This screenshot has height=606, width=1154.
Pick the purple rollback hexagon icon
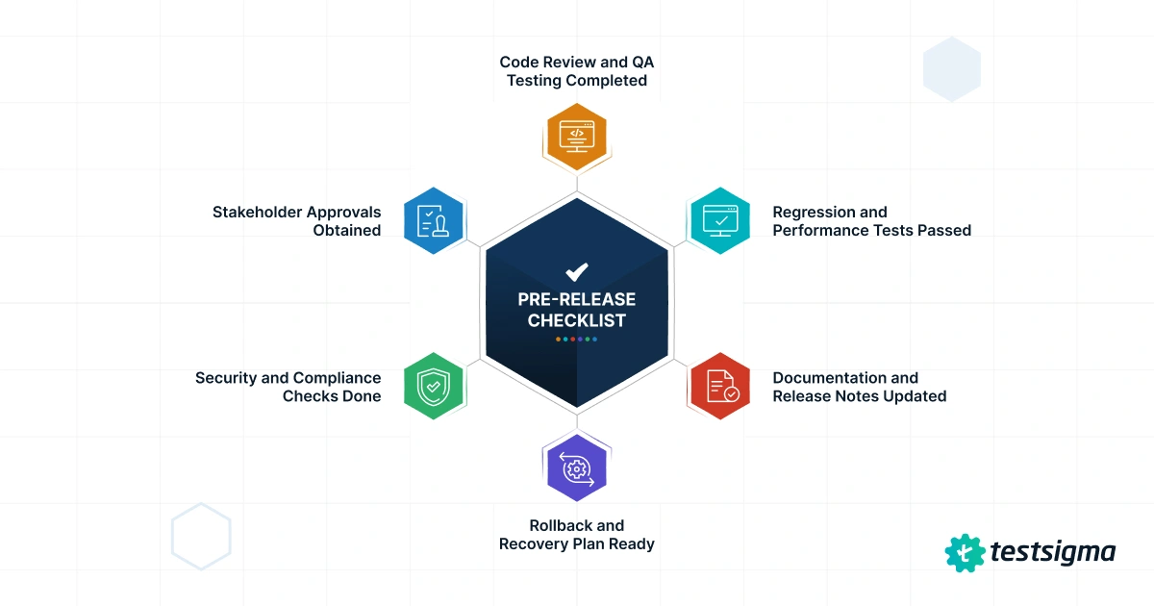click(x=577, y=468)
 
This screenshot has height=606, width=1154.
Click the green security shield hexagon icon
click(x=433, y=387)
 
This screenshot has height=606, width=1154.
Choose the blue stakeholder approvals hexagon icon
click(x=433, y=220)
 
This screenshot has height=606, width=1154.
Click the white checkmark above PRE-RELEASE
click(x=577, y=272)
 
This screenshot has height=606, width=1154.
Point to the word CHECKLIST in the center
click(x=577, y=320)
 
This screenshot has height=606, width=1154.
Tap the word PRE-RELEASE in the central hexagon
click(x=577, y=299)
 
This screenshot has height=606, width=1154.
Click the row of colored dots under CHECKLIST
click(x=577, y=339)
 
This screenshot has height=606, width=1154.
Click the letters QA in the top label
click(x=643, y=62)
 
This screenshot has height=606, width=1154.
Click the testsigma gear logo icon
click(x=965, y=552)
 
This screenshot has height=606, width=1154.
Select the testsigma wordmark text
click(x=1052, y=552)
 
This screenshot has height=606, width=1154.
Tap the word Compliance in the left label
click(x=337, y=378)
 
